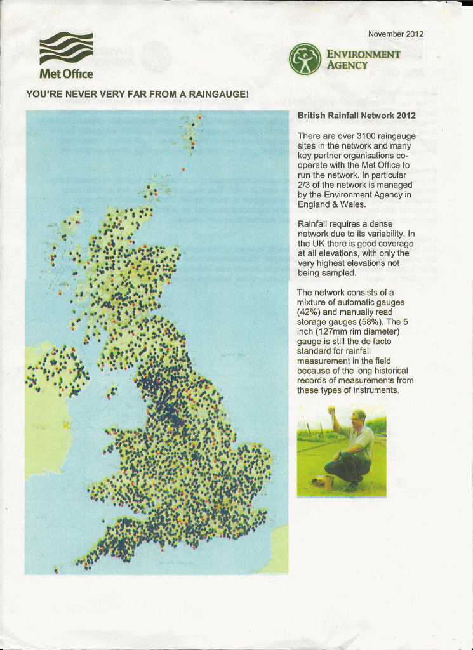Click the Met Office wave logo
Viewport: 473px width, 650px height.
coord(66,48)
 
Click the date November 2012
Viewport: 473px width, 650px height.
coord(396,34)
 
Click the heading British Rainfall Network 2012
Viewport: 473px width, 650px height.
coord(356,116)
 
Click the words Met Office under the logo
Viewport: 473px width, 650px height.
coord(66,74)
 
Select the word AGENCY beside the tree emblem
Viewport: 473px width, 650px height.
coord(347,65)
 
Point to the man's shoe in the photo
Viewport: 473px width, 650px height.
coord(351,487)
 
